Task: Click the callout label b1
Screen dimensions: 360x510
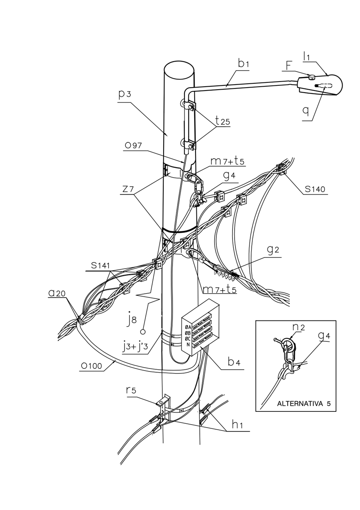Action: tap(243, 64)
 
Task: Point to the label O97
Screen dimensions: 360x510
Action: tap(133, 145)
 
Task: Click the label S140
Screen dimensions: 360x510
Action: tap(315, 189)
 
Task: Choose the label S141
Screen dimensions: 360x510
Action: tap(100, 266)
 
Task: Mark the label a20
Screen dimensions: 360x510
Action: tap(57, 293)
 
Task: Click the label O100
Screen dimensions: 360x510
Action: tap(91, 366)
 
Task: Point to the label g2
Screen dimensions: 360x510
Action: tap(273, 250)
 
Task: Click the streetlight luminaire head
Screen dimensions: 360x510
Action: tap(320, 85)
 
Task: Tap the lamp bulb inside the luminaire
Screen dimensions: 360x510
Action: tap(323, 86)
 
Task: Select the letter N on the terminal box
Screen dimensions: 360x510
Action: tap(188, 345)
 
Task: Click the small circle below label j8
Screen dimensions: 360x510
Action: tap(143, 332)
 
